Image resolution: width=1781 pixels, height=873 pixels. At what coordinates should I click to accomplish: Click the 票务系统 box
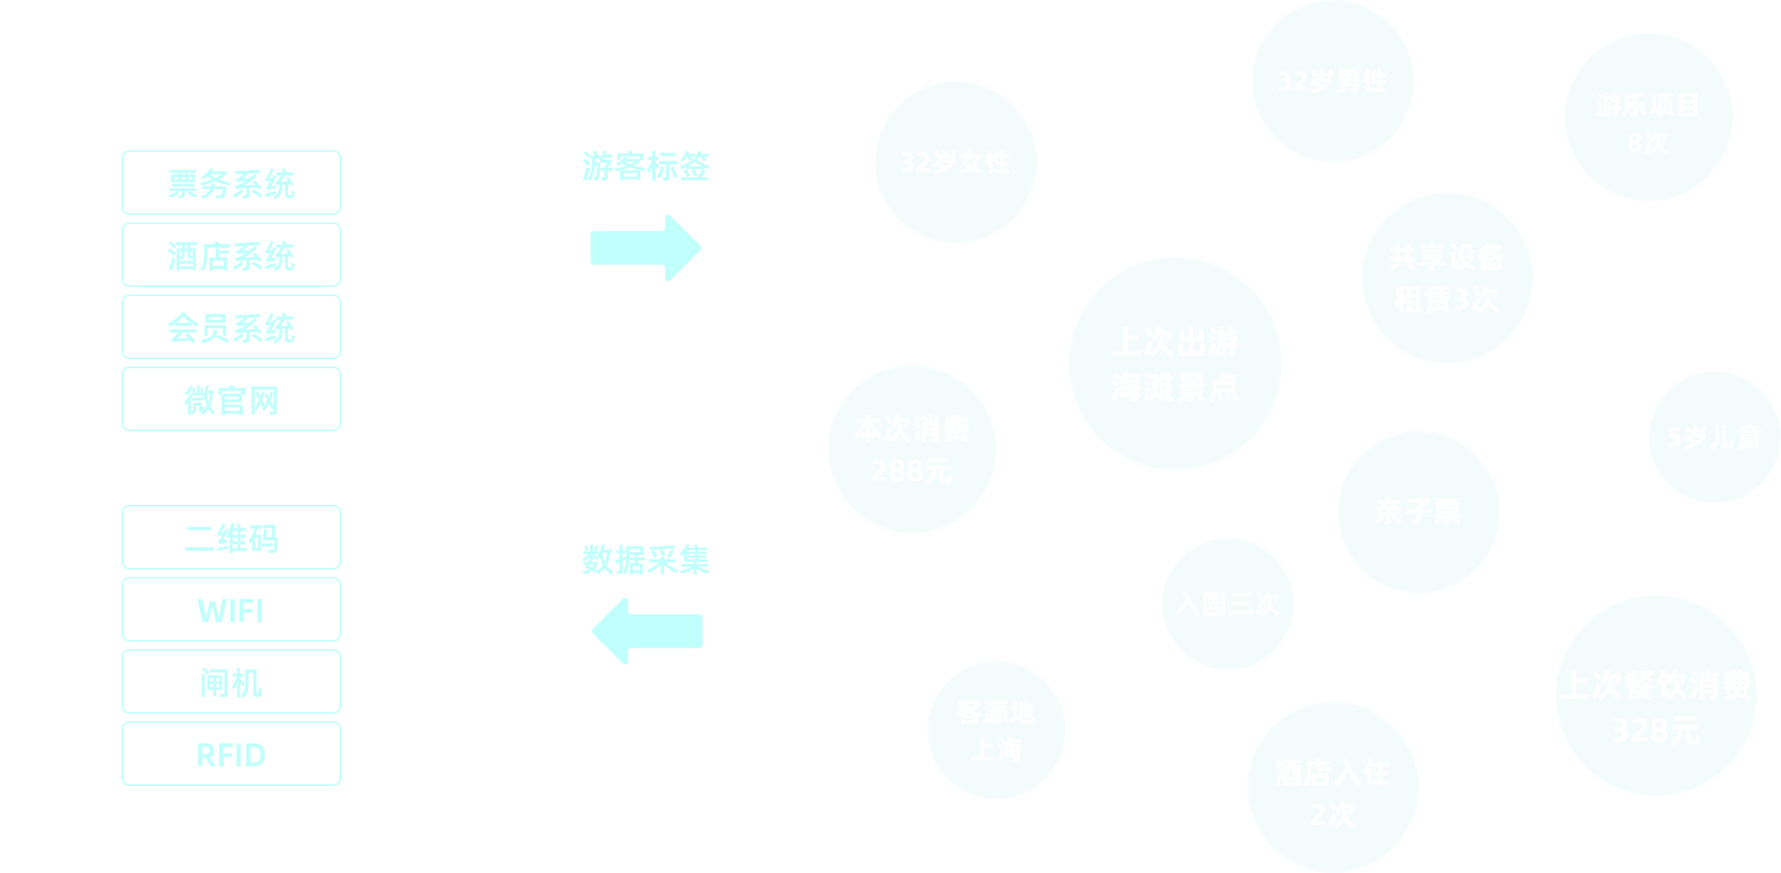(231, 183)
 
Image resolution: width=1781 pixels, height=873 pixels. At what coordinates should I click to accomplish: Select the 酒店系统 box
(231, 255)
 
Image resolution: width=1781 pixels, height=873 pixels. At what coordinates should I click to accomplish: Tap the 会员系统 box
(231, 328)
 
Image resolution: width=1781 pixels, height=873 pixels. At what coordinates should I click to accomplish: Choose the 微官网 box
(231, 400)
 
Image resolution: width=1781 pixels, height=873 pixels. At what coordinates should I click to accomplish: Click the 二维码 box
(231, 538)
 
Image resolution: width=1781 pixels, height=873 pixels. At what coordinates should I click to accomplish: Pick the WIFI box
(231, 610)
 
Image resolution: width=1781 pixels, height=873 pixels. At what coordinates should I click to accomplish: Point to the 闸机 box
(231, 682)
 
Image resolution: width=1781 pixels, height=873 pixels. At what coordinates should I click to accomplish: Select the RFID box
(231, 754)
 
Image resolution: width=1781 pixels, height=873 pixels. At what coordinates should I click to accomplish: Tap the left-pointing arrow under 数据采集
(646, 631)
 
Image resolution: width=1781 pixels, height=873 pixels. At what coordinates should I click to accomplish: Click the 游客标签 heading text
(646, 166)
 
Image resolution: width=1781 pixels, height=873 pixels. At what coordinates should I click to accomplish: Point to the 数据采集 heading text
(646, 560)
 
